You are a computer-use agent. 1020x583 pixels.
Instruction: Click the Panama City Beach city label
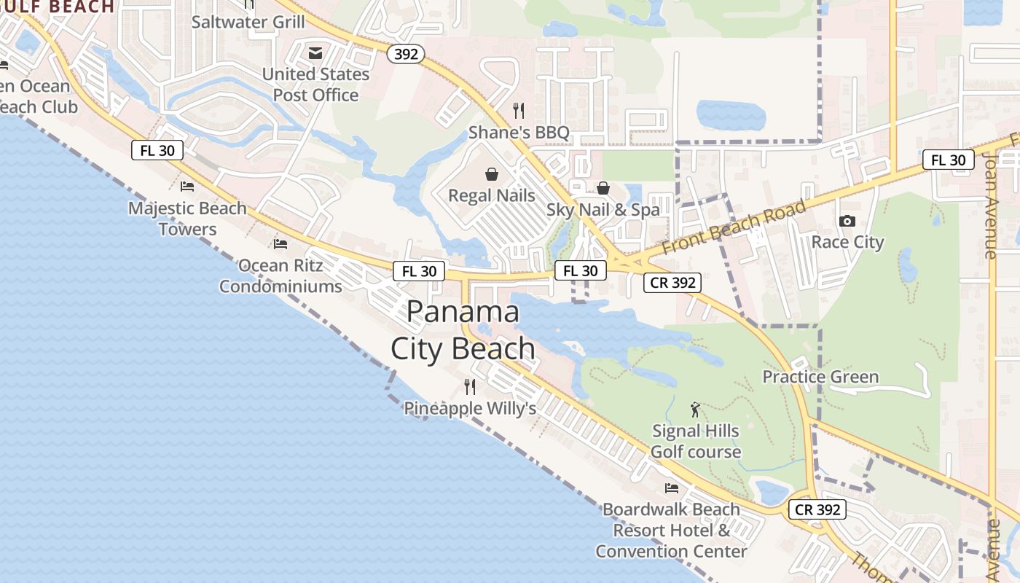[463, 330]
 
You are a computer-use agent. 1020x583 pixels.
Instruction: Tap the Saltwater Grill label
[248, 22]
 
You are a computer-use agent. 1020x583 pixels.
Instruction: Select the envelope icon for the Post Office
[315, 53]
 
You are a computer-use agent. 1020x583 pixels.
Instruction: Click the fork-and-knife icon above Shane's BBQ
[519, 111]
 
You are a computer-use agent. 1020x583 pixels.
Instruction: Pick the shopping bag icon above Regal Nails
[492, 174]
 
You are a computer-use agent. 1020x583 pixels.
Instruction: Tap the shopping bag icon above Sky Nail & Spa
[603, 188]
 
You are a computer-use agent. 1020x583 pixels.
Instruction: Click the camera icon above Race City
[847, 221]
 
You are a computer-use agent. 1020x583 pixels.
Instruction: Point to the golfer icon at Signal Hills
[695, 410]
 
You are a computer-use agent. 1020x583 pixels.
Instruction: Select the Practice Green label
[820, 377]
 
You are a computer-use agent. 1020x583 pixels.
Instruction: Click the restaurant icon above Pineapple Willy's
[470, 386]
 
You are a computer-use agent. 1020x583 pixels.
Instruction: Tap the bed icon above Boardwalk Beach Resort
[671, 488]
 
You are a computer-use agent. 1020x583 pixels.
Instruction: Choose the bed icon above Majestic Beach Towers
[187, 187]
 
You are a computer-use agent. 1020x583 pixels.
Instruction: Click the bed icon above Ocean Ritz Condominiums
[280, 243]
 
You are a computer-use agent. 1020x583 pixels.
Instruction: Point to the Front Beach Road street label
[734, 227]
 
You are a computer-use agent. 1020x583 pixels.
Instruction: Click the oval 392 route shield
[406, 53]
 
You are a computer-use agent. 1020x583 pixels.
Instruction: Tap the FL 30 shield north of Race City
[948, 160]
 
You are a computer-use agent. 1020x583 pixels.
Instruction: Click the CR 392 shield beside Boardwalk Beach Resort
[817, 509]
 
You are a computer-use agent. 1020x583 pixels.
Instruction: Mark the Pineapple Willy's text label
[470, 409]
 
